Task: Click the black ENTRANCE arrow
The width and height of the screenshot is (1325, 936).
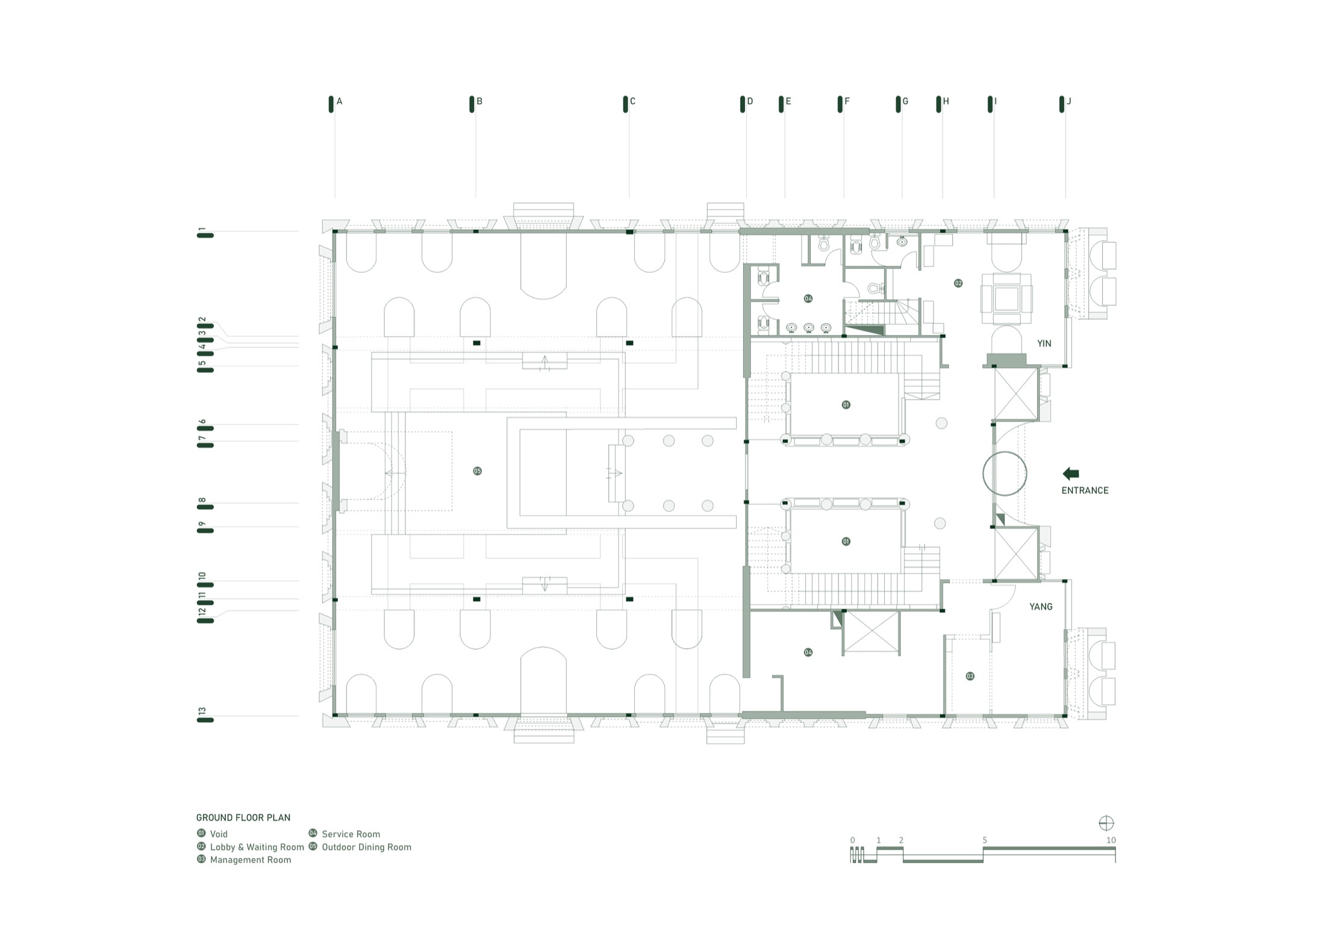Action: coord(1070,474)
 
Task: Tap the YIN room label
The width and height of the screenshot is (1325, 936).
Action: coord(1044,344)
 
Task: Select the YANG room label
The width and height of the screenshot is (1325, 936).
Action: coord(1041,607)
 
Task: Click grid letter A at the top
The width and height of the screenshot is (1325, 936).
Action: coord(340,102)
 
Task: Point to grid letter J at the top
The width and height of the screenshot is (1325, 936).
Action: coord(1069,102)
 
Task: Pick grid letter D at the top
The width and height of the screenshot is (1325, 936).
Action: coord(750,102)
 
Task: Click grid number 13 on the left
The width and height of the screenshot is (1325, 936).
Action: coord(202,711)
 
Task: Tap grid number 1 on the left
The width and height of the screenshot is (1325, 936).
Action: coord(202,229)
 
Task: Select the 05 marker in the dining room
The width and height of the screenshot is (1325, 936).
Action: coord(477,471)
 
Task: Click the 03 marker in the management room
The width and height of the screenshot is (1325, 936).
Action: coord(970,677)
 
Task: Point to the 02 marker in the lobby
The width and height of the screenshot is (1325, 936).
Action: coord(958,284)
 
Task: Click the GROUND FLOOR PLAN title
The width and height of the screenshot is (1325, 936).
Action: coord(243,817)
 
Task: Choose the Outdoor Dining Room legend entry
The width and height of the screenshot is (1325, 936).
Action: coord(360,847)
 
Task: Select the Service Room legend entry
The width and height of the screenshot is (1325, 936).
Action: coord(344,834)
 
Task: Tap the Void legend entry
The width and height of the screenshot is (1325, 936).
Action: coord(212,834)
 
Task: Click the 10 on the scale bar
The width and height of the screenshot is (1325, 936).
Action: coord(1111,840)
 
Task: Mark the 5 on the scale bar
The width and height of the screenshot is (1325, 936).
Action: coord(985,840)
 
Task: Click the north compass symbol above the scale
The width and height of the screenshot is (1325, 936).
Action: coord(1106,823)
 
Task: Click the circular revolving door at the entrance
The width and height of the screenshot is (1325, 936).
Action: coord(983,474)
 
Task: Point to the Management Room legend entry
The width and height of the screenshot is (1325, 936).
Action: coord(244,860)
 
